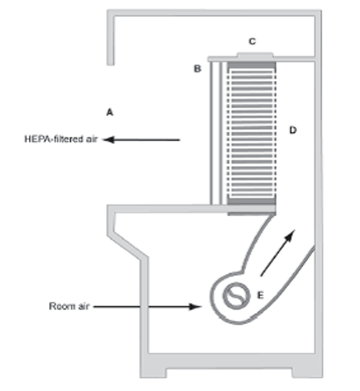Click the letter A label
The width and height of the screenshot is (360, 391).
click(110, 112)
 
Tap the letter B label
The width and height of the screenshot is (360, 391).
click(197, 69)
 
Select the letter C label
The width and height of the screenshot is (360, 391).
click(252, 41)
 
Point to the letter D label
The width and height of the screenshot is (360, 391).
click(293, 130)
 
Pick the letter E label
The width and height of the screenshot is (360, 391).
click(260, 295)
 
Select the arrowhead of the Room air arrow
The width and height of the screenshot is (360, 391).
click(196, 306)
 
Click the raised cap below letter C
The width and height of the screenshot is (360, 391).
click(255, 55)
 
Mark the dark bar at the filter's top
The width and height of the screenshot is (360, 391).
click(251, 65)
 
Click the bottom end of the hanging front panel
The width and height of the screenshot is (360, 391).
click(111, 63)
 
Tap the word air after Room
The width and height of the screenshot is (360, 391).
click(83, 306)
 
